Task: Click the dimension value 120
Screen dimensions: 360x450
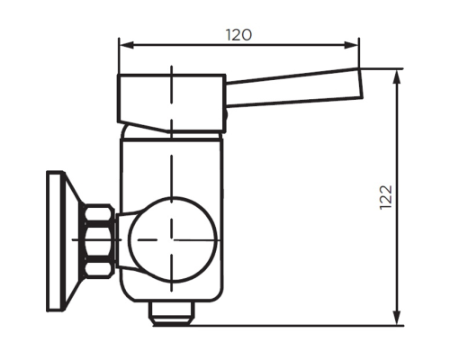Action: click(x=238, y=35)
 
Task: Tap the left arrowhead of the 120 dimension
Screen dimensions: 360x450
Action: click(x=124, y=45)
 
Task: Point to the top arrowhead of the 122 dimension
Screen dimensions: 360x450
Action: click(x=397, y=75)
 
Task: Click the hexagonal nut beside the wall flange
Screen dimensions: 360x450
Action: click(x=98, y=238)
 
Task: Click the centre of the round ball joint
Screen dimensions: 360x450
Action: click(x=171, y=238)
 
